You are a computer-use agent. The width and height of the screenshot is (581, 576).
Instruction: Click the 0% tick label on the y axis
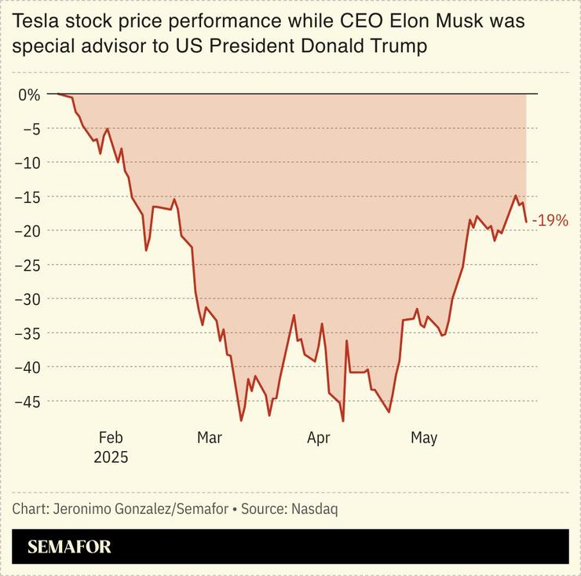28,94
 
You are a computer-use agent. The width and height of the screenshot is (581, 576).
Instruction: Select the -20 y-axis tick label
28,230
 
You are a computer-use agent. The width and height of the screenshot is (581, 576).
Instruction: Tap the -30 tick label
28,299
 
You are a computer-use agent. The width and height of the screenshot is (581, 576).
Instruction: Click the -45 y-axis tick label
28,401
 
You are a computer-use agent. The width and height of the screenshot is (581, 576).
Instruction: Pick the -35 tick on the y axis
28,332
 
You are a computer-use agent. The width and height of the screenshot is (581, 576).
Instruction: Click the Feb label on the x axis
111,438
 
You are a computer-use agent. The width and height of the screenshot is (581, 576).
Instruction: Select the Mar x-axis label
210,438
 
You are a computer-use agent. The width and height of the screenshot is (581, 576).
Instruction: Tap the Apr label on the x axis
318,438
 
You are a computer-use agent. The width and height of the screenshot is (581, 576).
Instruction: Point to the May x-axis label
424,438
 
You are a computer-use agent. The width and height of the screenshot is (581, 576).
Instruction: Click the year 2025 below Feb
111,457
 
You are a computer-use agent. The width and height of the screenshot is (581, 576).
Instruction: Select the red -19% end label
550,221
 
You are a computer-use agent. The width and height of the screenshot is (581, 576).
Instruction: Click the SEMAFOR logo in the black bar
69,547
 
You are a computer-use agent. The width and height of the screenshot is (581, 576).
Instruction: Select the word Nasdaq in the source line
315,508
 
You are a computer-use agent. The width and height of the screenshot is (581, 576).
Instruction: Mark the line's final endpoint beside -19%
526,222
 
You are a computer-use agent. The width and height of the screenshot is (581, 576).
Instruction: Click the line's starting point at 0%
58,94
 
